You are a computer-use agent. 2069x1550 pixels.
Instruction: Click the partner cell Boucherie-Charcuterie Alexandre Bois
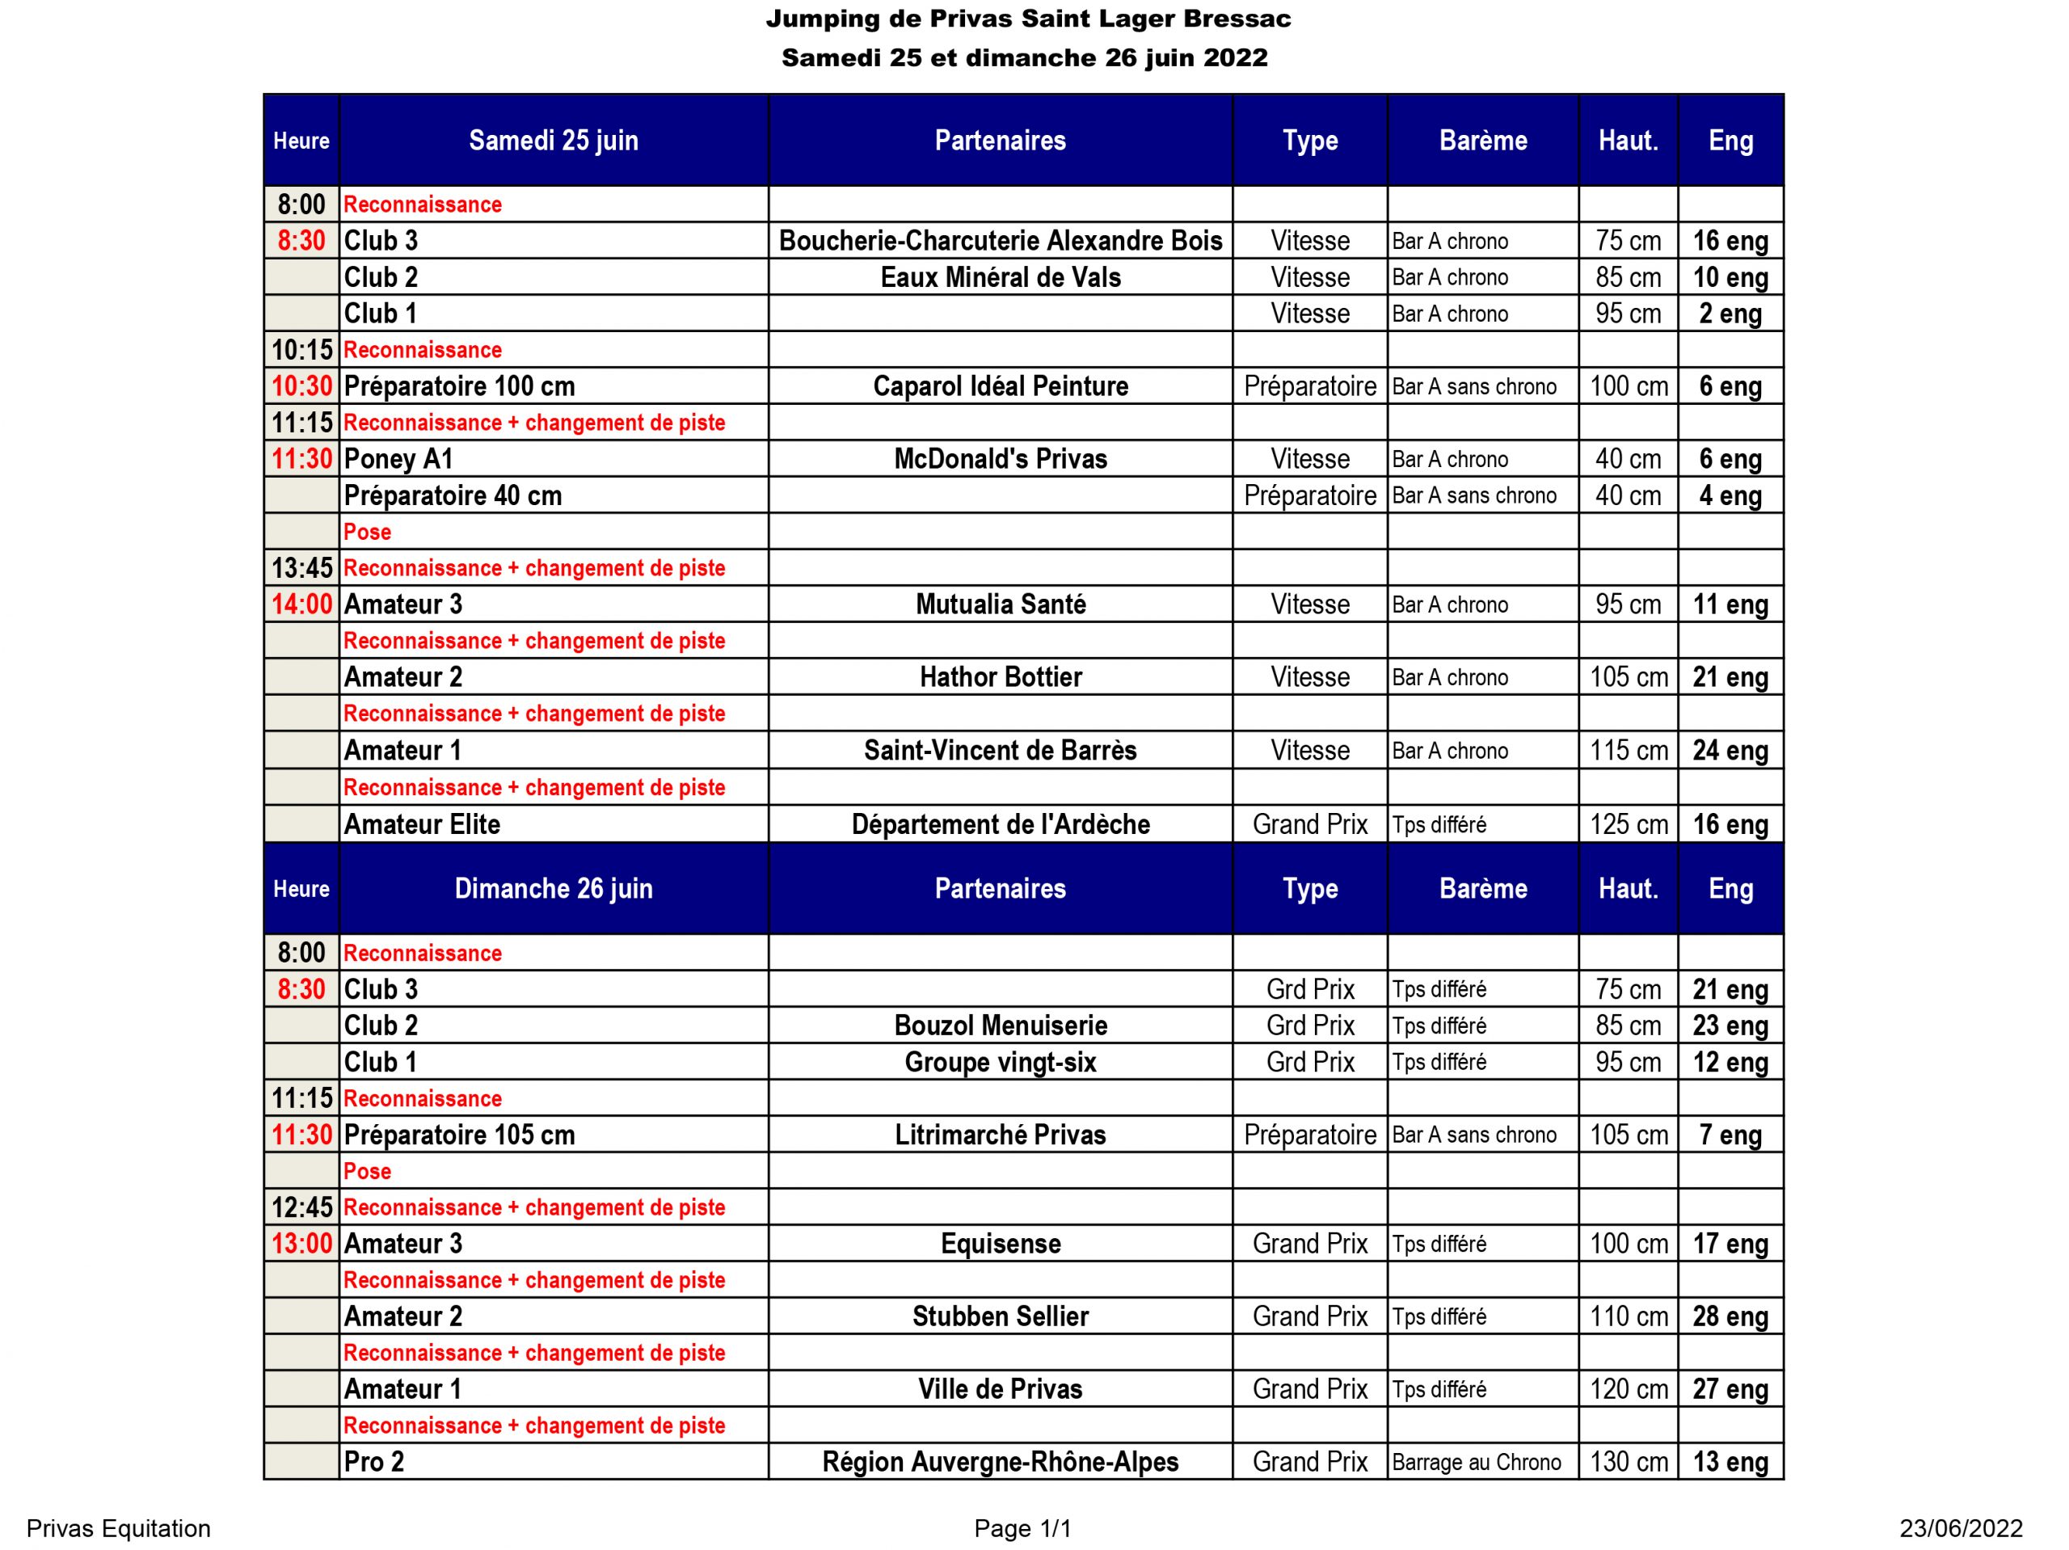1000,240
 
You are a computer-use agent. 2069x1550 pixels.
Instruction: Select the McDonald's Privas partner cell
1000,458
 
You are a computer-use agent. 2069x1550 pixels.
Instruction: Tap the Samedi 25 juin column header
553,141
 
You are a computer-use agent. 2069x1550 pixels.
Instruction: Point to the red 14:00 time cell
301,604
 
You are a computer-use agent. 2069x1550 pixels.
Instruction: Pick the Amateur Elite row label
422,824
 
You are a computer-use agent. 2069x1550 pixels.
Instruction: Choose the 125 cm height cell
1628,824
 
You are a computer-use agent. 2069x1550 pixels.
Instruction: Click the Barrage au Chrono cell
1476,1462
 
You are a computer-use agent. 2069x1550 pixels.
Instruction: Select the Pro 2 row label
374,1462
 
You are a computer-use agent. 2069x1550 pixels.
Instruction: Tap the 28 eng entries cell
1730,1316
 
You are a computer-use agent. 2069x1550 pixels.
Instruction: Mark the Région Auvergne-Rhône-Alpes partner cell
1000,1462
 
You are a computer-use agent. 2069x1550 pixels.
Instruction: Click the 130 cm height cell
1628,1462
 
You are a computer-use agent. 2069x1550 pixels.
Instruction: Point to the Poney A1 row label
398,458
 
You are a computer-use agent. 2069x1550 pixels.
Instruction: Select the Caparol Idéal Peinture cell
1000,386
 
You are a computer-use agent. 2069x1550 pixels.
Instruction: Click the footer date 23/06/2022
1960,1528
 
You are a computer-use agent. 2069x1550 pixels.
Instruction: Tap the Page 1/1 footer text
1022,1528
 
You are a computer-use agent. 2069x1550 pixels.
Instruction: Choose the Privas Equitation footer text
119,1528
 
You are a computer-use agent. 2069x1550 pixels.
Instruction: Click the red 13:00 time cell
301,1243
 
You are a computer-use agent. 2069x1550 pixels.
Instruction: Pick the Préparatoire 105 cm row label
459,1135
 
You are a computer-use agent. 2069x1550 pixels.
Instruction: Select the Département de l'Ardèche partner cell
1000,824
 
